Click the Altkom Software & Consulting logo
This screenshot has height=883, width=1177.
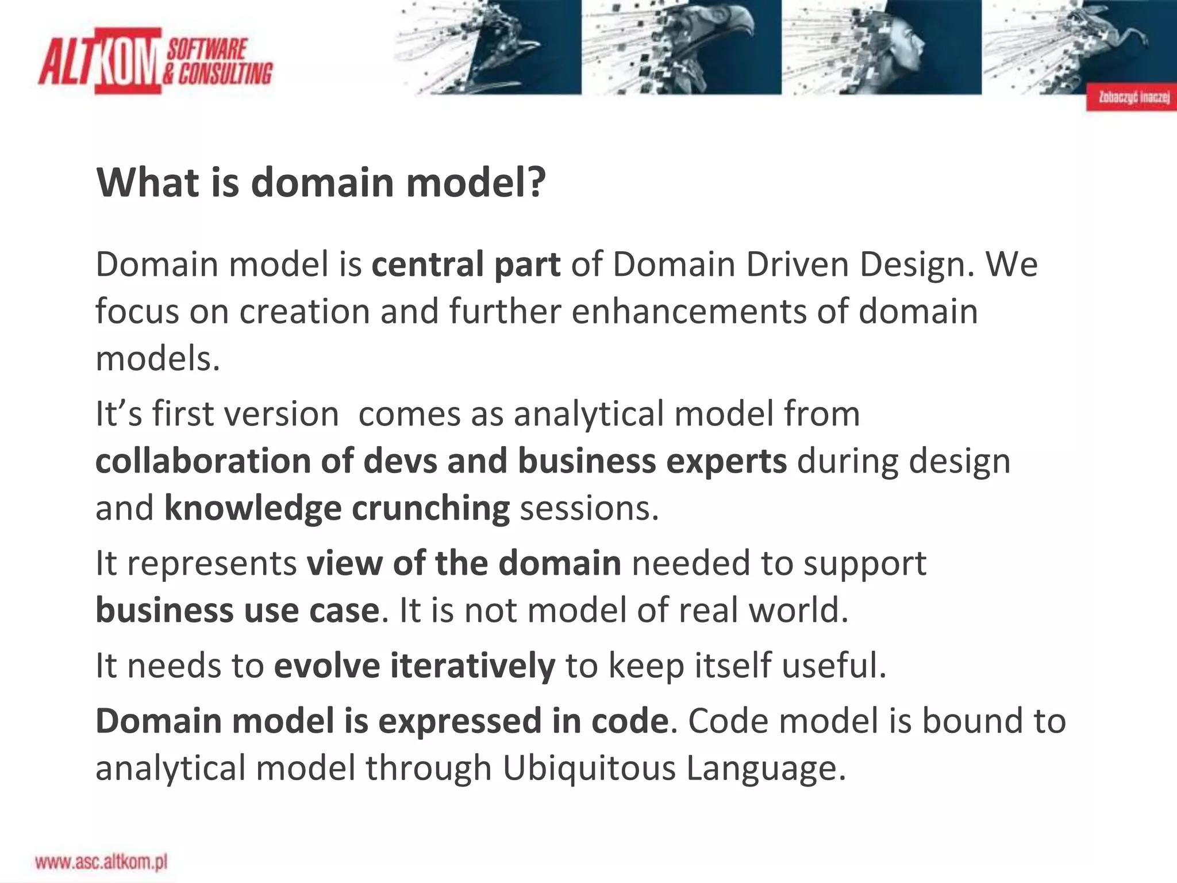[155, 61]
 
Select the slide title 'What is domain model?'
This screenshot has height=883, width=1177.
[321, 183]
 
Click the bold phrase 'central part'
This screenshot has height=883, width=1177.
[466, 265]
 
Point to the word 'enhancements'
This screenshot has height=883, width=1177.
[689, 312]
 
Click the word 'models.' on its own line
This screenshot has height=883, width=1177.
[158, 359]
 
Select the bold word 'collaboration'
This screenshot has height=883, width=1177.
[203, 461]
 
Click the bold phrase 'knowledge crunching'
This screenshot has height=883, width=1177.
[337, 508]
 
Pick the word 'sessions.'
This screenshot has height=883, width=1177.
[589, 508]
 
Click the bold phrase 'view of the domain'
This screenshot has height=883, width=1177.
[464, 563]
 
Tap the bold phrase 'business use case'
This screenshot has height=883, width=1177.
[237, 610]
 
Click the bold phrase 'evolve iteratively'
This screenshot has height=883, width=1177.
[414, 666]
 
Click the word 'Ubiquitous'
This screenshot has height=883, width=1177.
[588, 768]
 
